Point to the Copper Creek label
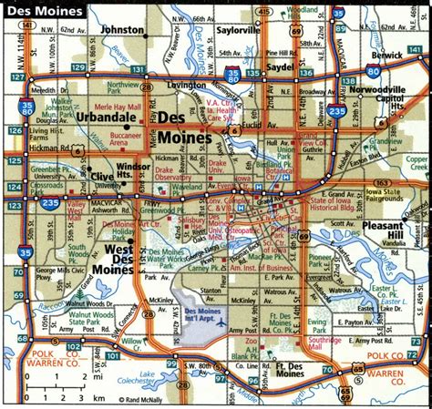tap(415, 163)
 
